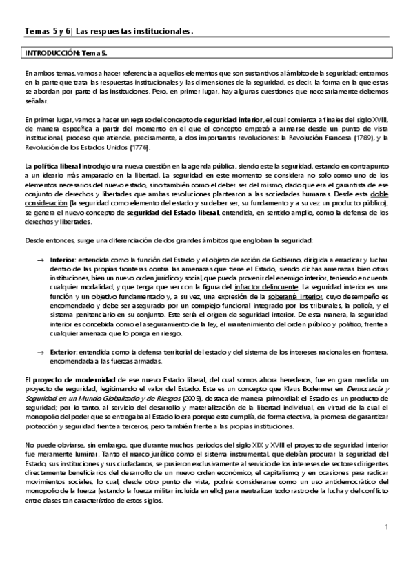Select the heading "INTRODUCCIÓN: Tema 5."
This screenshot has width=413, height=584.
(x=62, y=53)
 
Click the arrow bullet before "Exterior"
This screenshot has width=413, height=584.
(x=42, y=351)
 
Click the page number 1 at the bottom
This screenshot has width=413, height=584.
(x=387, y=528)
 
